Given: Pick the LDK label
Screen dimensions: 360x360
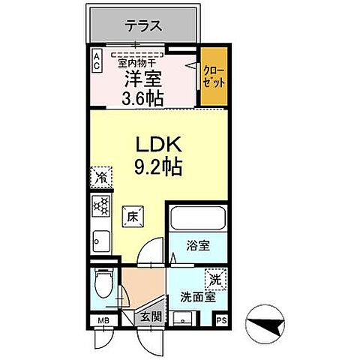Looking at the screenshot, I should coord(159,142).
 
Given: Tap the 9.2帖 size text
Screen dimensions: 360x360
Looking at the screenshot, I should coord(159,166).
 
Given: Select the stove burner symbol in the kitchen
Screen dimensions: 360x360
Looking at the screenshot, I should coord(100,205).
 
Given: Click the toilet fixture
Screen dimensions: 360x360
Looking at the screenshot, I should coord(103,285).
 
